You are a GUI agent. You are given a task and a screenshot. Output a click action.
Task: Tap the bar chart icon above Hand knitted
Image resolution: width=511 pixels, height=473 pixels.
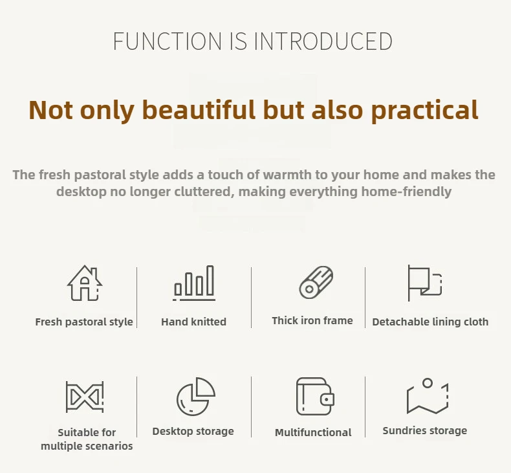coord(194,283)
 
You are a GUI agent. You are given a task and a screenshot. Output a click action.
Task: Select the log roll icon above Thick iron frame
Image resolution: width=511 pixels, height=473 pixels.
coord(316,282)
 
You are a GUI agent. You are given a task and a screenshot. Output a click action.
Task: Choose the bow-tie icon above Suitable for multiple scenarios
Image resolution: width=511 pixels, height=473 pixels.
coord(85,397)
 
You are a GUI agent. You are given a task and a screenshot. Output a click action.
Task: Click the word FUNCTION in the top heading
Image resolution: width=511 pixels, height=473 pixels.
coord(168,41)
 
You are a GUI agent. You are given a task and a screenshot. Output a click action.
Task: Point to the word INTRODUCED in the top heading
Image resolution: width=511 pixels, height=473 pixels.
coord(323,41)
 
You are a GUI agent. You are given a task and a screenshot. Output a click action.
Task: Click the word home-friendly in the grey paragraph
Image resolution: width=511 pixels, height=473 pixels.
coord(406,192)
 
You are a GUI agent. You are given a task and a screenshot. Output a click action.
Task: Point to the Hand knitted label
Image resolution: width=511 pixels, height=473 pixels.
coord(193,322)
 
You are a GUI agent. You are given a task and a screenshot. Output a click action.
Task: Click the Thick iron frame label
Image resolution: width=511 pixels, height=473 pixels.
coord(312,321)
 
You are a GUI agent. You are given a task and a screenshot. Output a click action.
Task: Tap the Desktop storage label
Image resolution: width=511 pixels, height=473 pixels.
coord(193,432)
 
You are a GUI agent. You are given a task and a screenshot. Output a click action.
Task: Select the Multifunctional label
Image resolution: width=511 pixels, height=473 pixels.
coord(313,433)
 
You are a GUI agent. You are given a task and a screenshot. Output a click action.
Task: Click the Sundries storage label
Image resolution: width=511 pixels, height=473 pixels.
coord(424,431)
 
